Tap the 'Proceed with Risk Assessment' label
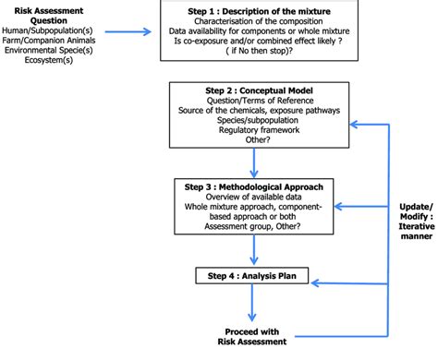252,336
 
